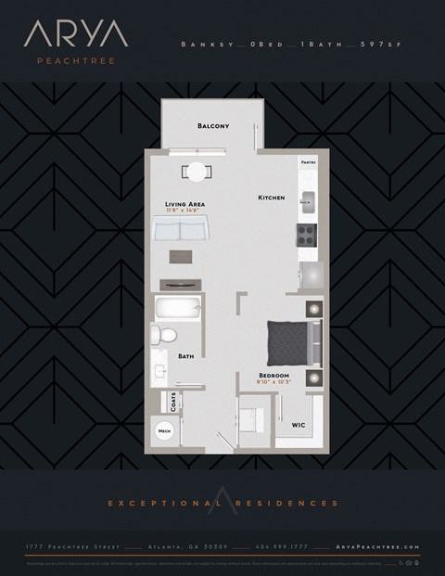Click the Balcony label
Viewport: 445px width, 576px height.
click(213, 126)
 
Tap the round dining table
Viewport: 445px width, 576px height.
click(197, 172)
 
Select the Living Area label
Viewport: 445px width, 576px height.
click(184, 203)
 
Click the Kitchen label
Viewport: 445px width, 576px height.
click(271, 198)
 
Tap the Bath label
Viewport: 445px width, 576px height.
click(185, 355)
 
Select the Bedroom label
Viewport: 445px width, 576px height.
click(275, 375)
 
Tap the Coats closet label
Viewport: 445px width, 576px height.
click(172, 402)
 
